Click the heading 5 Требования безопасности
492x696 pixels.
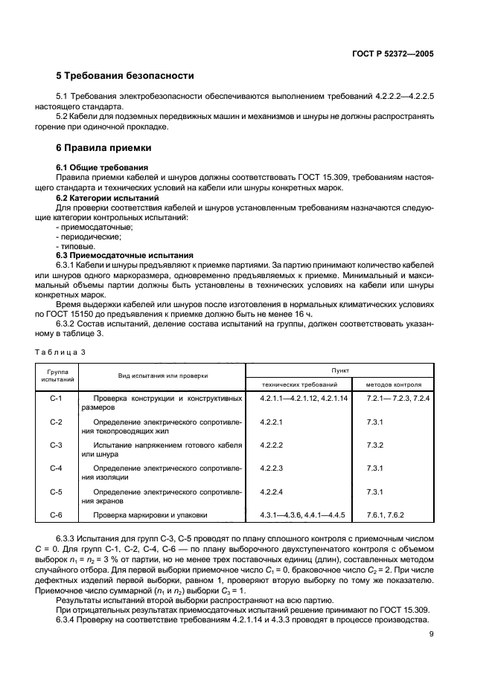125,76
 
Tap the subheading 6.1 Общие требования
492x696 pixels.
102,167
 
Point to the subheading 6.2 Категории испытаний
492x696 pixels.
107,199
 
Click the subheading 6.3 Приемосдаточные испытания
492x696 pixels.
125,254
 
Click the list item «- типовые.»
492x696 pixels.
75,245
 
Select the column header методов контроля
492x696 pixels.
394,385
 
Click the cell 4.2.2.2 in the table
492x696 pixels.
272,445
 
